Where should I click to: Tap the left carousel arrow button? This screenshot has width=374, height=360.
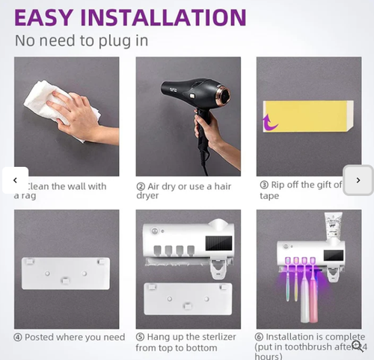click(x=14, y=180)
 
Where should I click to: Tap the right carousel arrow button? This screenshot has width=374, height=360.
click(x=358, y=180)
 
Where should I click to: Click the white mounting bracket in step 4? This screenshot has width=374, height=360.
click(x=66, y=272)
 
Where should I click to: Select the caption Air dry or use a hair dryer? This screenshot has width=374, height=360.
click(x=183, y=191)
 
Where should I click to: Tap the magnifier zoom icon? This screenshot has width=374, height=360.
click(x=358, y=345)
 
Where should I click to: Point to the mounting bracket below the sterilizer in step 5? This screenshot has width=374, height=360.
click(x=187, y=298)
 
